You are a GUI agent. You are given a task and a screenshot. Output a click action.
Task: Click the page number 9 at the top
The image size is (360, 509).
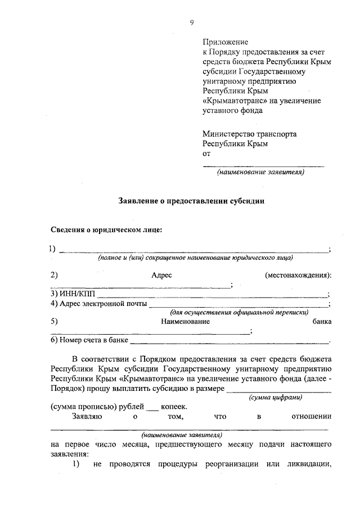pos(191,22)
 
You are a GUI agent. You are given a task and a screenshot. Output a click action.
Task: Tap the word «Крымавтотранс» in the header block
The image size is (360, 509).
pos(231,100)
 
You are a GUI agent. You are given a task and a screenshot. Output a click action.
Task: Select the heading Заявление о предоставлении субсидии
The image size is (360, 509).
pos(191,200)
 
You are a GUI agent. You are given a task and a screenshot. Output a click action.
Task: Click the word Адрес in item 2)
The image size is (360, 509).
pos(161,275)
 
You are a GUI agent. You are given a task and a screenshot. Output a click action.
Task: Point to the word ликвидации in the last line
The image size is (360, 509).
pos(308,464)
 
